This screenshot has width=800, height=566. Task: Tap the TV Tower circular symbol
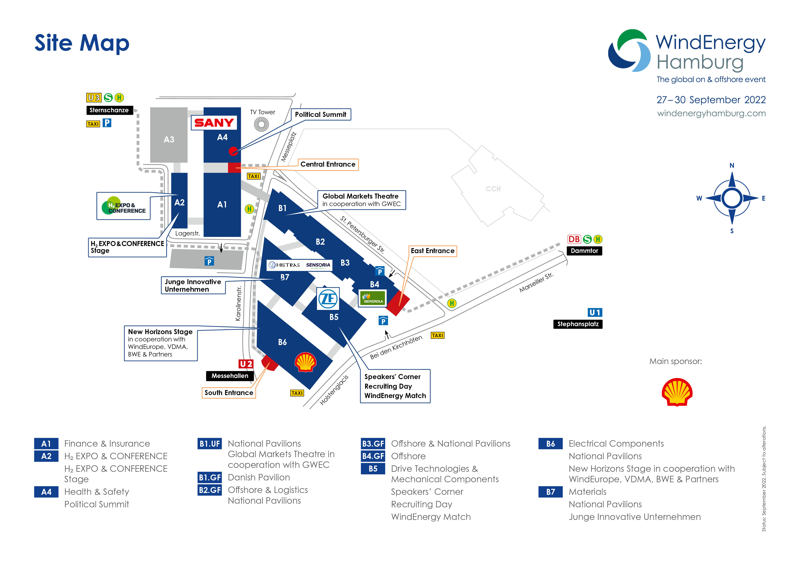pyautogui.click(x=261, y=124)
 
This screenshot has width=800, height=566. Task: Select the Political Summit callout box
pyautogui.click(x=321, y=114)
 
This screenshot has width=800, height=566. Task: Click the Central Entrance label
pyautogui.click(x=328, y=164)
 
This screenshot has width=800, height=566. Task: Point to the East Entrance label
pyautogui.click(x=432, y=251)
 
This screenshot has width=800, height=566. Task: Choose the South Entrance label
pyautogui.click(x=229, y=393)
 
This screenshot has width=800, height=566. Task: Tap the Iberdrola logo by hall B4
pyautogui.click(x=372, y=298)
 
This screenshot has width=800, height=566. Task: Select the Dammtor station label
pyautogui.click(x=584, y=251)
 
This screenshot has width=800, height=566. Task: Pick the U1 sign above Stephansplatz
pyautogui.click(x=595, y=312)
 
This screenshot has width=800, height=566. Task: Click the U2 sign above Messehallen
pyautogui.click(x=246, y=364)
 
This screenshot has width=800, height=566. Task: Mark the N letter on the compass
pyautogui.click(x=732, y=165)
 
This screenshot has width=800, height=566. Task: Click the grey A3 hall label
pyautogui.click(x=169, y=139)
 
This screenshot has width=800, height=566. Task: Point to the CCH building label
pyautogui.click(x=493, y=189)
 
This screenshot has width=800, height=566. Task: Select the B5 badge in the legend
pyautogui.click(x=373, y=469)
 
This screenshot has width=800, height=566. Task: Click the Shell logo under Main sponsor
pyautogui.click(x=677, y=392)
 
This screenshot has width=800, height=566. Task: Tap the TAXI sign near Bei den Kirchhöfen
pyautogui.click(x=438, y=335)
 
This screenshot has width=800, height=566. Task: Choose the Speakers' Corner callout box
pyautogui.click(x=395, y=386)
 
